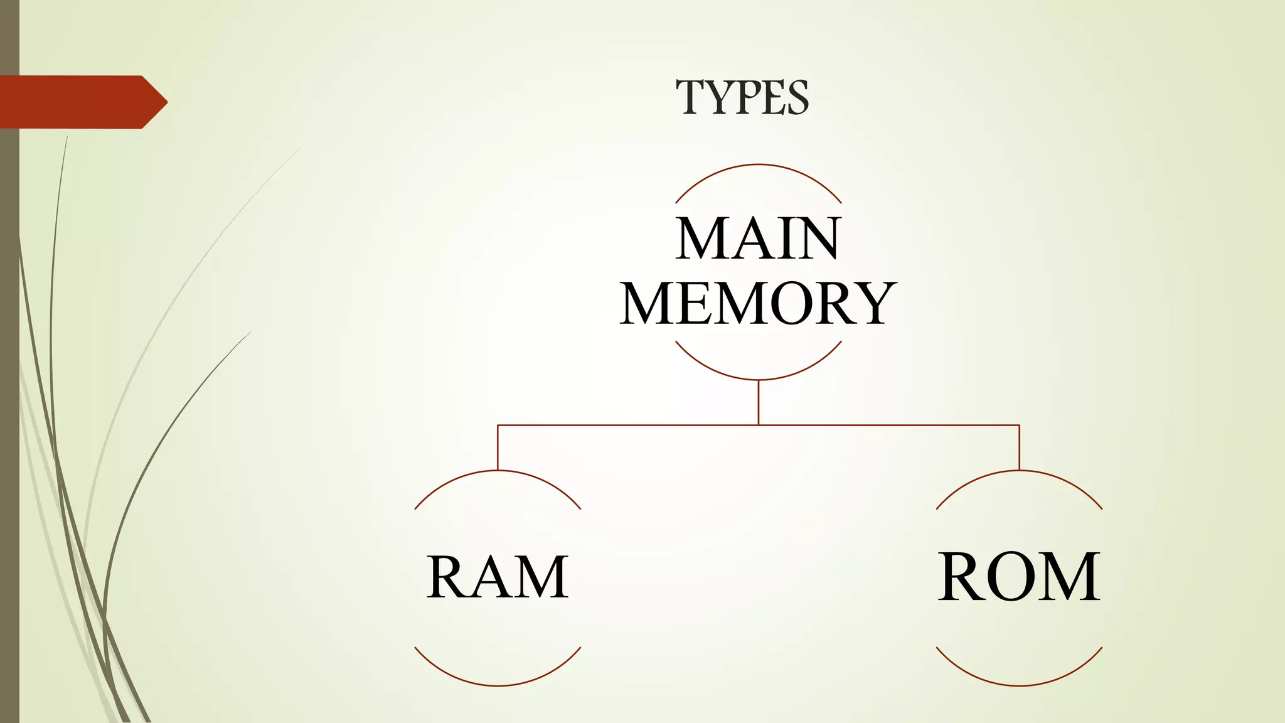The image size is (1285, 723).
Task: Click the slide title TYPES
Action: click(x=742, y=98)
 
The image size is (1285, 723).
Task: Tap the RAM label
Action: click(x=498, y=577)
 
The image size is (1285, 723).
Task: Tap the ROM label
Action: click(x=1019, y=577)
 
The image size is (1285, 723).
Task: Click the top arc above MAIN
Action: click(x=759, y=165)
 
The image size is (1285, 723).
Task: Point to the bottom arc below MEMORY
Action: click(x=759, y=379)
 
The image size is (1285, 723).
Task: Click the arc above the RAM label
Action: click(x=498, y=471)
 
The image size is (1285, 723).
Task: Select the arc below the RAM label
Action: click(x=498, y=685)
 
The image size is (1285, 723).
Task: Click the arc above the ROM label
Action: click(x=1019, y=471)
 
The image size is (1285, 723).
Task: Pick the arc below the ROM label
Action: click(x=1019, y=685)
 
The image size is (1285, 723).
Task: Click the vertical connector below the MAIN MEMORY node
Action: click(x=759, y=402)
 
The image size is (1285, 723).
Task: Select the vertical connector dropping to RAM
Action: click(x=498, y=447)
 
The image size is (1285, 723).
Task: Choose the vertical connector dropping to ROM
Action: click(x=1019, y=447)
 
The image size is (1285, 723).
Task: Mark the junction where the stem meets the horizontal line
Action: click(x=759, y=425)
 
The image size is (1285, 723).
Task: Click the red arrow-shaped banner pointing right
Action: click(x=75, y=102)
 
